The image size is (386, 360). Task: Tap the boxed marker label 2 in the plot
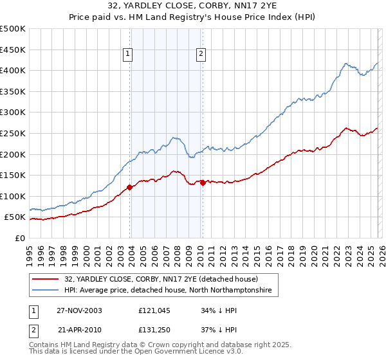click(x=201, y=55)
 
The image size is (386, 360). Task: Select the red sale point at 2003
click(x=130, y=187)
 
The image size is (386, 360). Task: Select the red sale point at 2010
click(x=203, y=183)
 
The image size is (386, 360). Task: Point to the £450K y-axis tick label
click(x=13, y=50)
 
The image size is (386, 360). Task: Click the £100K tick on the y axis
click(x=13, y=196)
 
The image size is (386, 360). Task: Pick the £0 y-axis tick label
click(x=19, y=238)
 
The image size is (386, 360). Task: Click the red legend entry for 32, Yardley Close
click(x=161, y=280)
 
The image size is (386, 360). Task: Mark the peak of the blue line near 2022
click(x=346, y=63)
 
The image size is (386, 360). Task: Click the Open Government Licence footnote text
click(x=98, y=353)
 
